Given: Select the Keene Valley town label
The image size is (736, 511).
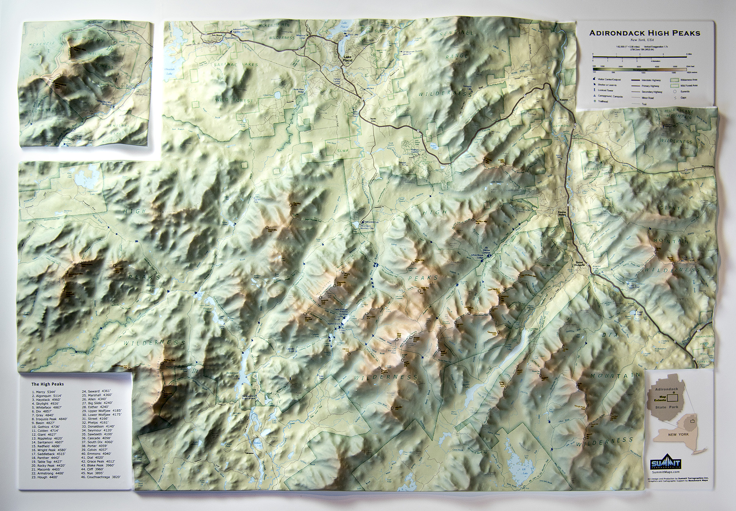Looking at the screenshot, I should tap(562, 214).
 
